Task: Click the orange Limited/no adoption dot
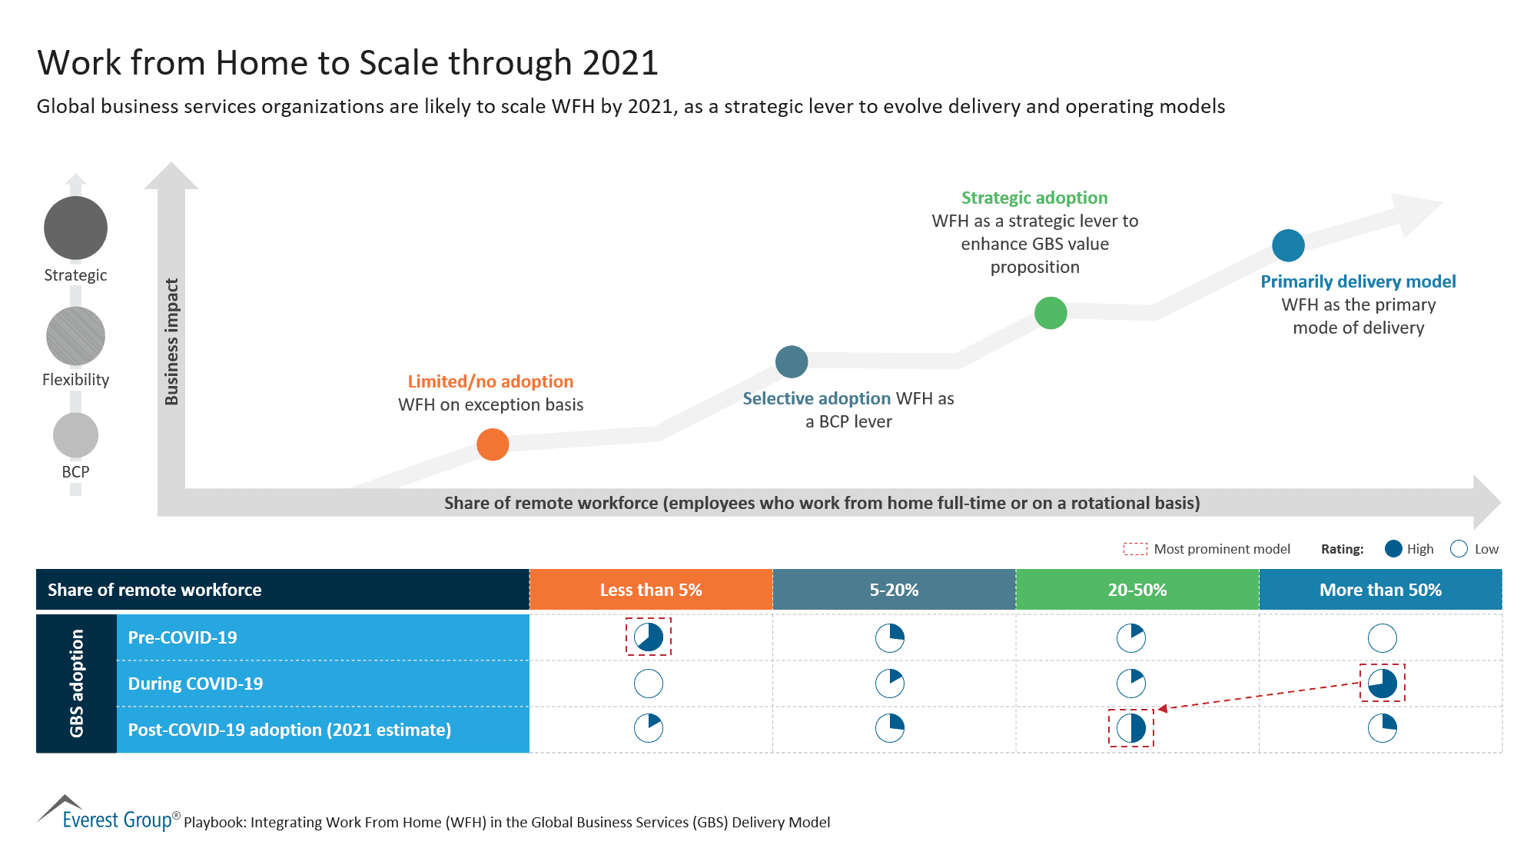pos(493,444)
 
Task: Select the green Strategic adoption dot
pos(1051,313)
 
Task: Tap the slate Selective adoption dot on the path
pos(792,361)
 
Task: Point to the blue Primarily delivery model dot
pos(1288,245)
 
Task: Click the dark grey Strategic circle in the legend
pos(75,228)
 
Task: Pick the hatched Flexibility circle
pos(75,336)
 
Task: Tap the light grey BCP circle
pos(75,435)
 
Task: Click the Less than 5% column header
pos(650,590)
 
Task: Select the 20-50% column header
pos(1137,590)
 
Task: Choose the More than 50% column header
pos(1380,590)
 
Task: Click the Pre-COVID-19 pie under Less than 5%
pos(649,637)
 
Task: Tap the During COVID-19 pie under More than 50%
pos(1383,683)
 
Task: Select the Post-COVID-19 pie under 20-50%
pos(1131,728)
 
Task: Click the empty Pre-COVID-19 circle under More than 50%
pos(1383,637)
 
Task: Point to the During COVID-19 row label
pos(195,684)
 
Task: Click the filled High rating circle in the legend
pos(1393,549)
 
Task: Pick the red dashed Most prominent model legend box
pos(1135,549)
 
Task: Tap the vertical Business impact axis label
pos(171,341)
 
